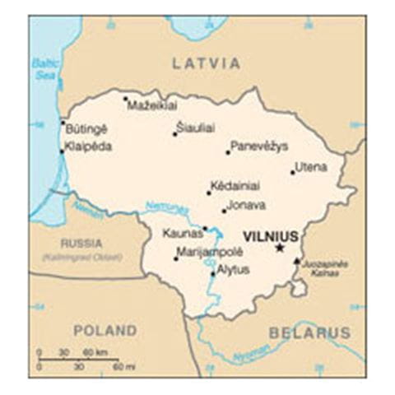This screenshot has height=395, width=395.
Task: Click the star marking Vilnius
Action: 280,247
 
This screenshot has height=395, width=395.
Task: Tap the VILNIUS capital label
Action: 271,235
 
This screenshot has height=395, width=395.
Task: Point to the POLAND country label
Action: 105,331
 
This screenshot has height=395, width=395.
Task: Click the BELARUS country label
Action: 309,332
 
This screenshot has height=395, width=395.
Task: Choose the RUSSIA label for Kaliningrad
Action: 81,244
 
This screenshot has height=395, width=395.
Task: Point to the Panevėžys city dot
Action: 228,151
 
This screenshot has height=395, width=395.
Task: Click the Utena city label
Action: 312,167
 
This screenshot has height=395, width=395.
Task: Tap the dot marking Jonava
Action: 224,211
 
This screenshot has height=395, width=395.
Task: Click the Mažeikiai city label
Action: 153,105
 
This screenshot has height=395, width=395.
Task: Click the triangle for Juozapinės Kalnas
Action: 297,261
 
